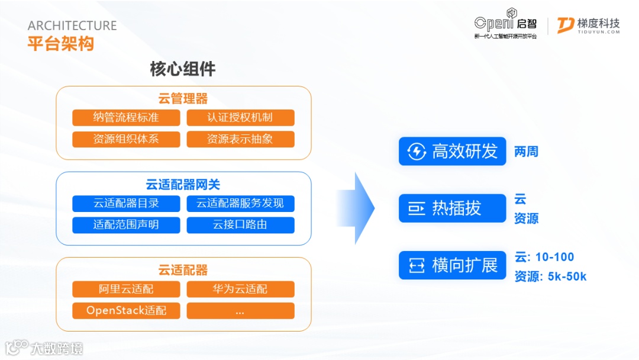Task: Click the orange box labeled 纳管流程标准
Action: coord(126,117)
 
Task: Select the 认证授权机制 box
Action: coord(240,117)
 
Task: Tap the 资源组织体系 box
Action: coord(126,139)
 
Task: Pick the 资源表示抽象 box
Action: coord(240,139)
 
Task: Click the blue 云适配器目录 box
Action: coord(126,203)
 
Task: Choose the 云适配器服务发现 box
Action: coord(240,203)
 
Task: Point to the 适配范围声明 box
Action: coord(126,225)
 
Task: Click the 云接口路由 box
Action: coord(240,225)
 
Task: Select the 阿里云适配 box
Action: coord(126,289)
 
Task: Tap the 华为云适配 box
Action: coord(240,289)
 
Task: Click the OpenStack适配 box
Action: coord(126,311)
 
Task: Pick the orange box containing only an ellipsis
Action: coord(240,311)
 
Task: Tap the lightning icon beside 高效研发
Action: coord(417,152)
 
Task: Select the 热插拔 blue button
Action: coord(452,208)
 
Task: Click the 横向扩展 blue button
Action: coord(452,265)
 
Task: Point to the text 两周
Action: coord(526,152)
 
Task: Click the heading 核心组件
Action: coord(183,69)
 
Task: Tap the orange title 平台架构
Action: coord(60,43)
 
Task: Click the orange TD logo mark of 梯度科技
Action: coord(565,25)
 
